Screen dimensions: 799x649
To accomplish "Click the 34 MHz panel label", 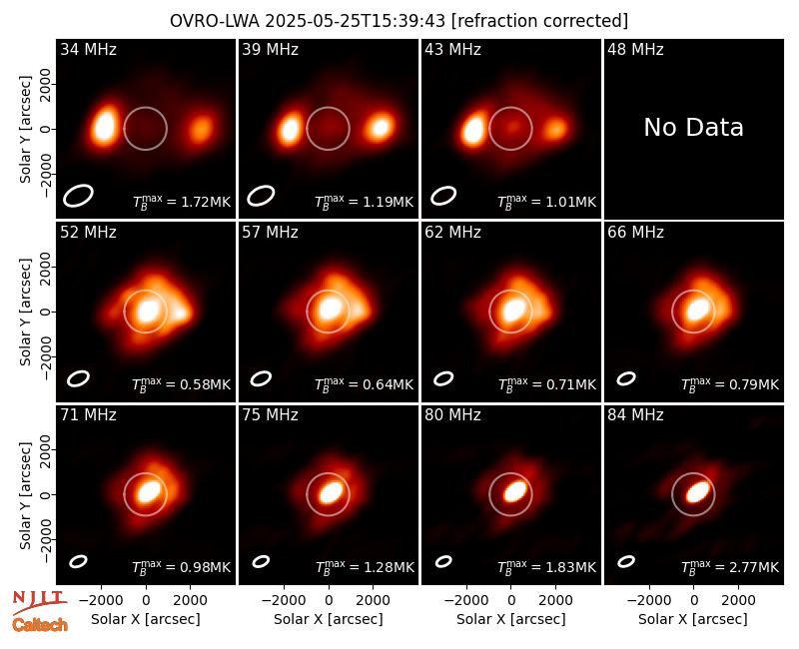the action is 88,49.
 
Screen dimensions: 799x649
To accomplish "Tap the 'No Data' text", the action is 693,127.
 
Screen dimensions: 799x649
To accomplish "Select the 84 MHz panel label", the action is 635,415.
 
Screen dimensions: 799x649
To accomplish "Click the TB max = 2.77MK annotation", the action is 730,566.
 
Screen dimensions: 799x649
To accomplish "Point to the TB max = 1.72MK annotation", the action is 182,202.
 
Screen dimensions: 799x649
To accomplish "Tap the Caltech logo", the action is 40,625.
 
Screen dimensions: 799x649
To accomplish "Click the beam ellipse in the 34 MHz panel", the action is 79,196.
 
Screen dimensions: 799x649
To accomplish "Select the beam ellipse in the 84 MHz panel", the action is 626,561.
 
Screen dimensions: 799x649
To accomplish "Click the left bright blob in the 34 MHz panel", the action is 105,126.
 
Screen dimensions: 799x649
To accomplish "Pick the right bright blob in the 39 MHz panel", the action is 381,127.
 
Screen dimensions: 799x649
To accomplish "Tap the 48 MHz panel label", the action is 635,49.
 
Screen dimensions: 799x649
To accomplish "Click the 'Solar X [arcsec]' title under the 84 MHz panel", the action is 693,619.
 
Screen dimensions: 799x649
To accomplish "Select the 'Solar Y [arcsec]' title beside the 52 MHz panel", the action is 25,312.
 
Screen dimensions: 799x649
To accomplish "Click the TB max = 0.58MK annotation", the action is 182,384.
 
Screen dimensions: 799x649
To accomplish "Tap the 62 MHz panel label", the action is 453,233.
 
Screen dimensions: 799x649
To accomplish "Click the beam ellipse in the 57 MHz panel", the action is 261,378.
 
